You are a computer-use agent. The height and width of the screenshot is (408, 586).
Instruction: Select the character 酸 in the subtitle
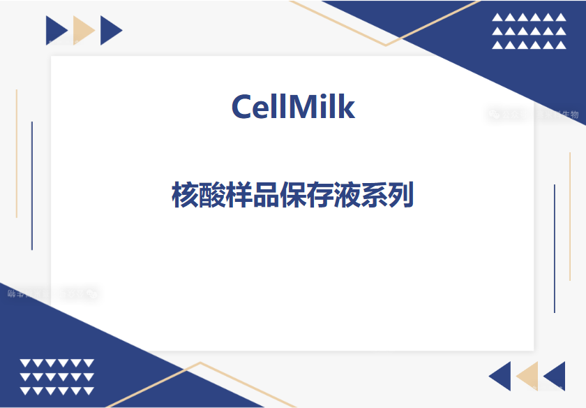212,196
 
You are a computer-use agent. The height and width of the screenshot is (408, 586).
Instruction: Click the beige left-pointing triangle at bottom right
528,376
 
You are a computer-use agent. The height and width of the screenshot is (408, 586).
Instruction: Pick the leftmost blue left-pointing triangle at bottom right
502,376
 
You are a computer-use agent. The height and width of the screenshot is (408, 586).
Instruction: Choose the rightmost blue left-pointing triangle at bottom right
556,376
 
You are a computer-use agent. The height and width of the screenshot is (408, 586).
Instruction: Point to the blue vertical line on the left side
32,185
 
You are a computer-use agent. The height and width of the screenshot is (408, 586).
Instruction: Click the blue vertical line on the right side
555,248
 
